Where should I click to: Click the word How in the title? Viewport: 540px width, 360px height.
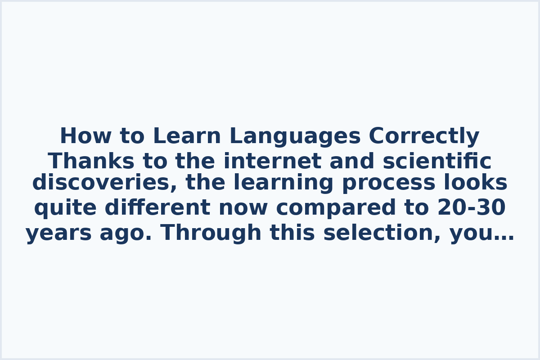80,136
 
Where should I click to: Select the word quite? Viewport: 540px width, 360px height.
65,208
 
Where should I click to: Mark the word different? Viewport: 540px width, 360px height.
157,208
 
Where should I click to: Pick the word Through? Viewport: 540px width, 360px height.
211,234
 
